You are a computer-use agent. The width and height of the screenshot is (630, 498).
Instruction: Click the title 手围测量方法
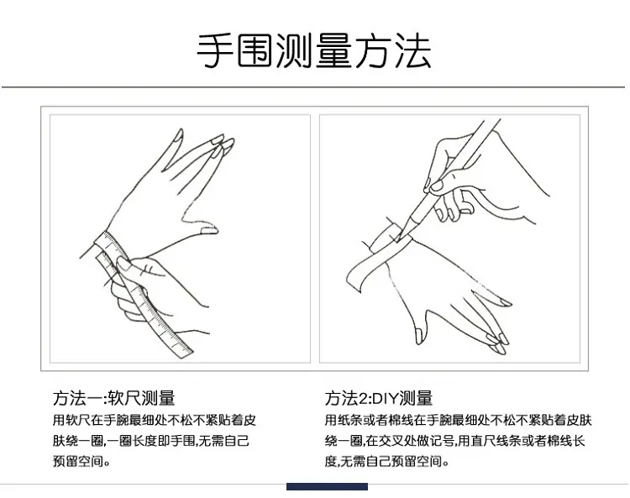point(314,51)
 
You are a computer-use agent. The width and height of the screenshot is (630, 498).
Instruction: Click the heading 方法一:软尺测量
point(114,397)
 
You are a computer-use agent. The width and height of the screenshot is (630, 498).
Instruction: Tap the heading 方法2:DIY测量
point(379,397)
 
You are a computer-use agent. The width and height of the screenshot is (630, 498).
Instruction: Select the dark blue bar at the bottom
point(327,487)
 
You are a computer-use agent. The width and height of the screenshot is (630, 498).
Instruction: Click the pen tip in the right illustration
point(397,241)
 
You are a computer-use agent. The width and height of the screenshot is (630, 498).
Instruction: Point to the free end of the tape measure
point(183,350)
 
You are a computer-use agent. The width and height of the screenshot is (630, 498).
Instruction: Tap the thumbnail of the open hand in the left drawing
point(209,231)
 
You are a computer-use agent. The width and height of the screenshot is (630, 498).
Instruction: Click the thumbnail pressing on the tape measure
point(123,264)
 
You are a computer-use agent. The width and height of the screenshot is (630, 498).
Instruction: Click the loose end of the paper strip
point(354,279)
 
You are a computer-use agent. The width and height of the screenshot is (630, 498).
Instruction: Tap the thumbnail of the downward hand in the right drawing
point(418,336)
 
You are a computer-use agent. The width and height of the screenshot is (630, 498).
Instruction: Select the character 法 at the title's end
point(413,51)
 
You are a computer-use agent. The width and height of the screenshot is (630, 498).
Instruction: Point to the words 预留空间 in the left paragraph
point(78,461)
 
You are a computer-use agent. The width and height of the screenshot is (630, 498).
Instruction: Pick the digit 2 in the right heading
point(363,398)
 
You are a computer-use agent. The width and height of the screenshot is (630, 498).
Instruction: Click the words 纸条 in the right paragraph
point(350,420)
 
